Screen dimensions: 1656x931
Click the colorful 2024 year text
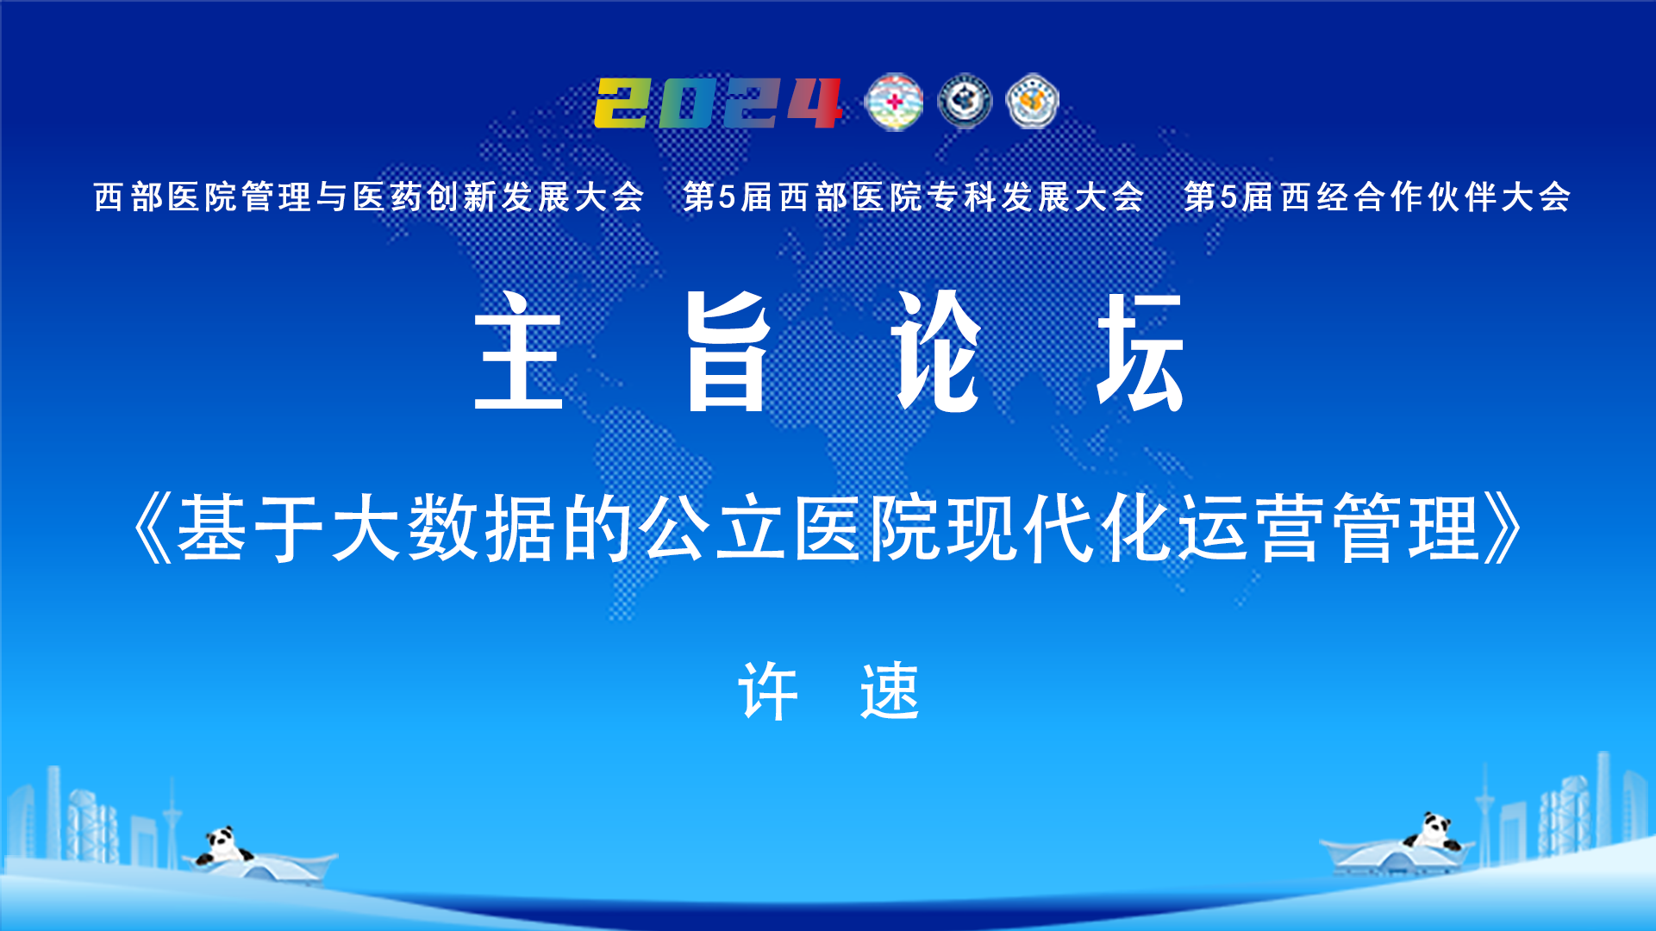click(718, 103)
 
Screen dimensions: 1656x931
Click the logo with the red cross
click(894, 102)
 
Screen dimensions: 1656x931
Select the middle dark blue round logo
click(965, 102)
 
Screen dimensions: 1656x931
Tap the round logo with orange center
click(1033, 102)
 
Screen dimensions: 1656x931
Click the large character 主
click(519, 351)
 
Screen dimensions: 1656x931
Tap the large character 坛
click(1140, 351)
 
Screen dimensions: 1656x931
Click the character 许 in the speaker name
click(768, 690)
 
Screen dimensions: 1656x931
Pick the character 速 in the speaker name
click(890, 690)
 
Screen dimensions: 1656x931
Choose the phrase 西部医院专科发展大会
click(962, 197)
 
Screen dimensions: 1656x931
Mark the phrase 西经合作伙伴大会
click(1426, 197)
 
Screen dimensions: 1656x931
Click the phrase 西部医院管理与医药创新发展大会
click(369, 197)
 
